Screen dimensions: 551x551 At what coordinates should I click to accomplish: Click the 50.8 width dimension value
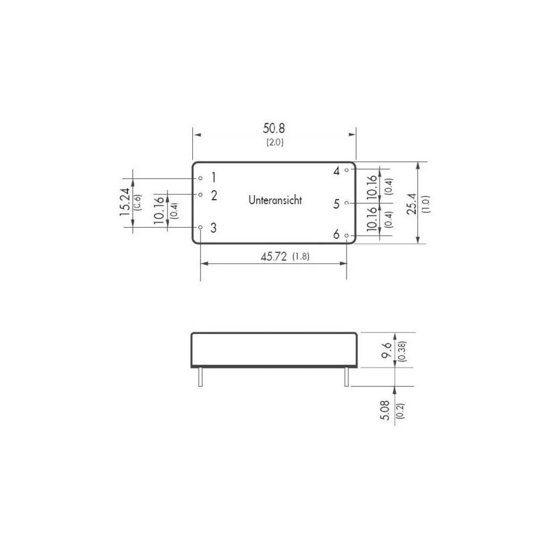coord(274,129)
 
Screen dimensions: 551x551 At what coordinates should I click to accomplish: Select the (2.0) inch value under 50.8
coord(274,142)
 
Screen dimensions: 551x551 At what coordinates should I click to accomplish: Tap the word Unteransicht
coord(275,201)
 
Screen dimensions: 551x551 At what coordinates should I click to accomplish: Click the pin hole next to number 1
coord(201,178)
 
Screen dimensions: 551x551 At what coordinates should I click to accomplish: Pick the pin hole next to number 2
coord(201,195)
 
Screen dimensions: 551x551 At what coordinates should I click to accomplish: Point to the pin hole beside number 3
coord(201,227)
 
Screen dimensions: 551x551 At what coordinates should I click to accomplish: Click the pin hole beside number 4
coord(347,170)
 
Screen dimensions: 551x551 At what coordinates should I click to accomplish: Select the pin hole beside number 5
coord(347,203)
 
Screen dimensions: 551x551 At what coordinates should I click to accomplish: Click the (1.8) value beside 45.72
coord(300,257)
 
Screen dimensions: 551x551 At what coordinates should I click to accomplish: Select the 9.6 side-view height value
coord(387,350)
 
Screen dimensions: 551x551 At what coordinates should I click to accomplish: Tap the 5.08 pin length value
coord(386,410)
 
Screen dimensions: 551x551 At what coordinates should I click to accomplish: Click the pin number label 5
coord(336,204)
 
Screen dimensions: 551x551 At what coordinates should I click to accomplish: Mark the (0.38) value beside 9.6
coord(402,350)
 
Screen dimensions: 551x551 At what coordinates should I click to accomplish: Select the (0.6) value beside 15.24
coord(138,202)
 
